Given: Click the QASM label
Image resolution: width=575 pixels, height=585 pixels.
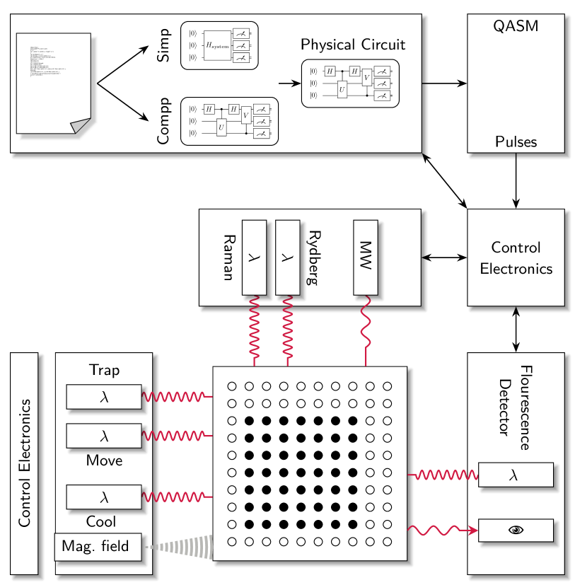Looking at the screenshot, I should (x=516, y=27).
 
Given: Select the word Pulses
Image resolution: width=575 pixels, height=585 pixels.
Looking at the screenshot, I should (x=516, y=141).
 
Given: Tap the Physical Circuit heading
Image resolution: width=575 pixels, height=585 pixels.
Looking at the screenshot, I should (x=353, y=45).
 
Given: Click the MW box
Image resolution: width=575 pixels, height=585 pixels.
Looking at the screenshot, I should (x=366, y=257).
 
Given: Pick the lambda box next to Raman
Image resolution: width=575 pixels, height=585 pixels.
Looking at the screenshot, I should (x=254, y=257).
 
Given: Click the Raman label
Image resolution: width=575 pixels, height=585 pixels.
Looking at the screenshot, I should (x=228, y=257).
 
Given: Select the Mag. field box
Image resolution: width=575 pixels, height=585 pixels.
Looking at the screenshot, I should (x=98, y=546).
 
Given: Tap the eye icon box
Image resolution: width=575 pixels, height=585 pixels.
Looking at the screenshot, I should (x=516, y=531).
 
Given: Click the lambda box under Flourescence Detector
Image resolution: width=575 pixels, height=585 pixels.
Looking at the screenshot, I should (x=516, y=475).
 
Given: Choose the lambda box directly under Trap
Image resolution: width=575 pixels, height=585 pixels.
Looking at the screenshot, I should (x=104, y=397).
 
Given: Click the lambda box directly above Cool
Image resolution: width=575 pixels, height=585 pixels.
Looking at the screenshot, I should (x=104, y=497).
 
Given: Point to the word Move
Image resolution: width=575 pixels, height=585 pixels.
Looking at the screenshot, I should (x=104, y=461).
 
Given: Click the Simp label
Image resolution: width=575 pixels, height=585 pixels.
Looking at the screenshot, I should (x=163, y=45).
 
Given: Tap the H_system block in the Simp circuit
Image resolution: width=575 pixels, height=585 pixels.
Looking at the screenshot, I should (x=218, y=45).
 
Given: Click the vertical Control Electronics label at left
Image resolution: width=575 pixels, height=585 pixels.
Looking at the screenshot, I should (x=25, y=463).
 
